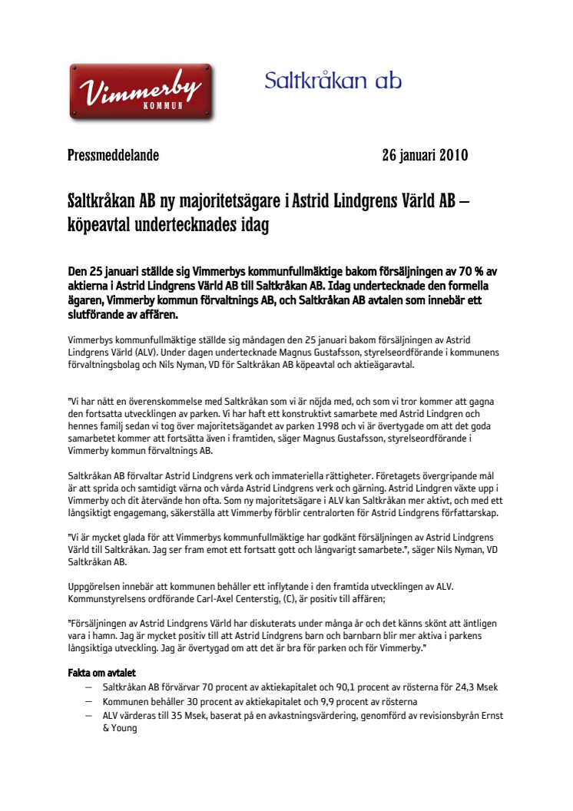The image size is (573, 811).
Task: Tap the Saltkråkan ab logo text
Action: tap(333, 81)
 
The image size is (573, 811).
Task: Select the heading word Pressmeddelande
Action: tap(113, 155)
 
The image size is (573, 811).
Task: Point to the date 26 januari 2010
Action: tap(425, 155)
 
